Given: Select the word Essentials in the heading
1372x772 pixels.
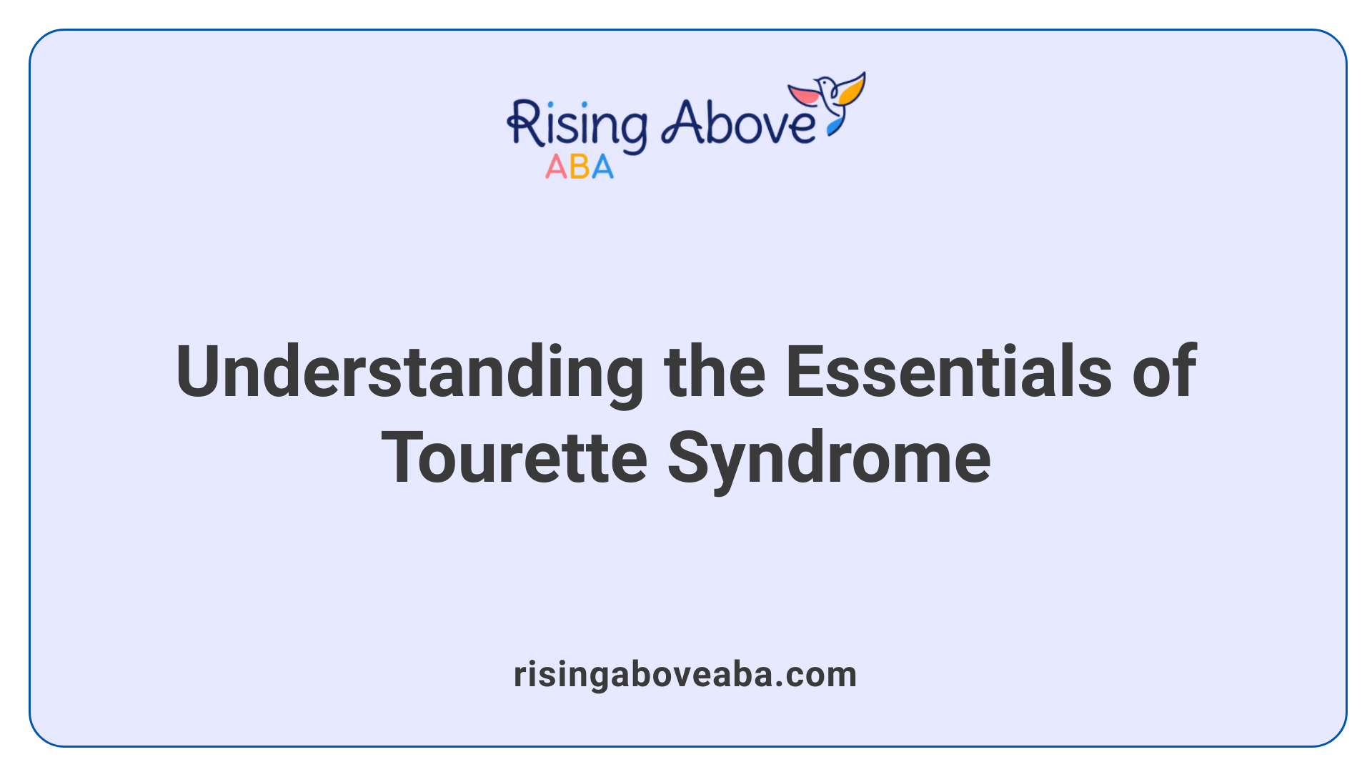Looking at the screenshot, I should point(948,372).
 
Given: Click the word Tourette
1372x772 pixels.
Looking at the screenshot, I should point(514,458).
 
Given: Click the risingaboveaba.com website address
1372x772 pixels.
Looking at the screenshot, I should point(685,674).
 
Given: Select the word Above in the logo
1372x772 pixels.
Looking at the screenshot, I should point(738,123).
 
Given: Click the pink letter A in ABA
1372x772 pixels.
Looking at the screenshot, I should point(556,167).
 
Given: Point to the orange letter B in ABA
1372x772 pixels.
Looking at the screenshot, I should point(580,167).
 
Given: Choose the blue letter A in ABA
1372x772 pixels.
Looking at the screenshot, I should point(602,167).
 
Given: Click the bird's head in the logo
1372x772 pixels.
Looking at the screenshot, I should point(825,84).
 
